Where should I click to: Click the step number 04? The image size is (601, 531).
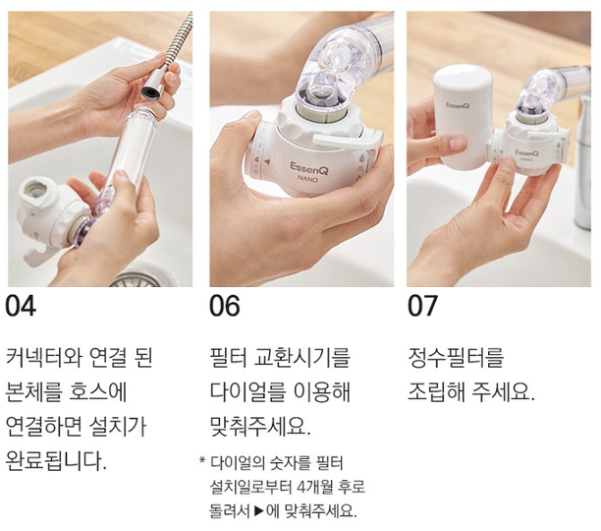click(x=21, y=306)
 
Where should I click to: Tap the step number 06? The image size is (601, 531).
click(x=225, y=306)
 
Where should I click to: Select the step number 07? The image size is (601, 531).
click(x=422, y=306)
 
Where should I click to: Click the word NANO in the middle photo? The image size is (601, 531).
click(x=308, y=178)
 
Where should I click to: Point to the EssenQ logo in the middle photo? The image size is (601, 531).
click(x=309, y=168)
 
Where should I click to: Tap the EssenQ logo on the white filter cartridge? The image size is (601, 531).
click(x=458, y=105)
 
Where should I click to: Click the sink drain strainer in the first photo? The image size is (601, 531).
click(x=137, y=280)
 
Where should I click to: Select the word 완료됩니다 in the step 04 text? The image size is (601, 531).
click(x=56, y=461)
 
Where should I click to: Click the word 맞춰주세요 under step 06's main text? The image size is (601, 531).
click(x=260, y=426)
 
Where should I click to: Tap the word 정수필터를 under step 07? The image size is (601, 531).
click(x=456, y=358)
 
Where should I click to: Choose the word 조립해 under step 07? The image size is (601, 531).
click(x=436, y=392)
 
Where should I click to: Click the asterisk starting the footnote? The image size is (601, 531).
click(x=202, y=459)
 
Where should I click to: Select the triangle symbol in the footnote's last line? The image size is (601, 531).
click(x=259, y=510)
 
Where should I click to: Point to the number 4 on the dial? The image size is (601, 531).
click(x=256, y=159)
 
